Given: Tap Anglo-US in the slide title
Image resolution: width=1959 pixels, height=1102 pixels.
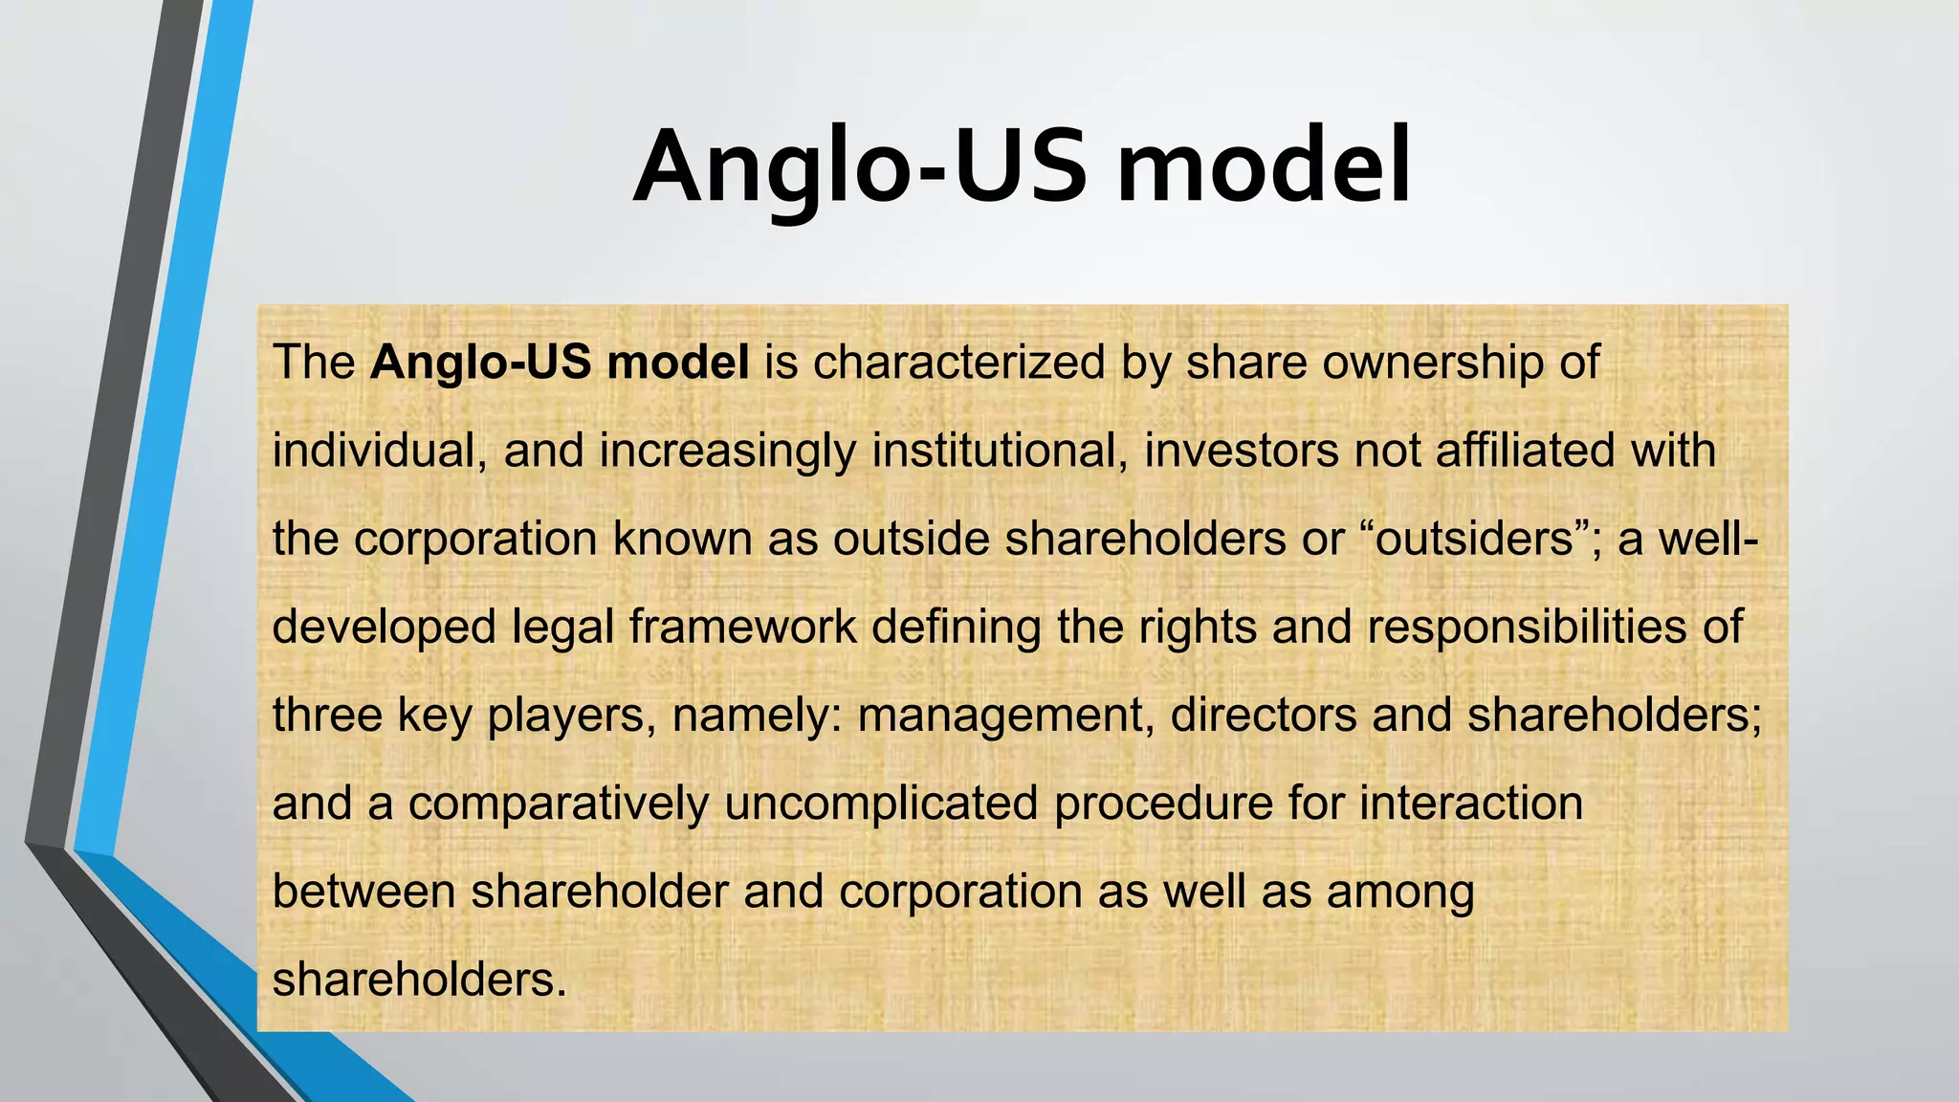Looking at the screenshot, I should point(860,166).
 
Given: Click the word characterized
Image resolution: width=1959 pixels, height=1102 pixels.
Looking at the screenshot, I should point(958,363).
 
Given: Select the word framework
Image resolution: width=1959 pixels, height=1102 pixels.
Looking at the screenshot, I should point(742,628).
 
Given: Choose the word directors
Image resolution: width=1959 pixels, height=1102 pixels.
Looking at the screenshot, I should point(1264,716).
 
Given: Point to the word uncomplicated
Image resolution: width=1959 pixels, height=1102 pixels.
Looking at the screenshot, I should point(881,804).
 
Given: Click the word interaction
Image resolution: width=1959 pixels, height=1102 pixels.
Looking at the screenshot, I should point(1471,804).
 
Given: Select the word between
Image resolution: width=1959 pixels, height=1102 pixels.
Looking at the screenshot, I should point(363,892).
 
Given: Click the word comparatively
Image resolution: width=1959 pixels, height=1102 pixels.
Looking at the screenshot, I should point(559,804).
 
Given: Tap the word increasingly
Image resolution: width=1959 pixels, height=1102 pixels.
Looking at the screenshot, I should point(728,451).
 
